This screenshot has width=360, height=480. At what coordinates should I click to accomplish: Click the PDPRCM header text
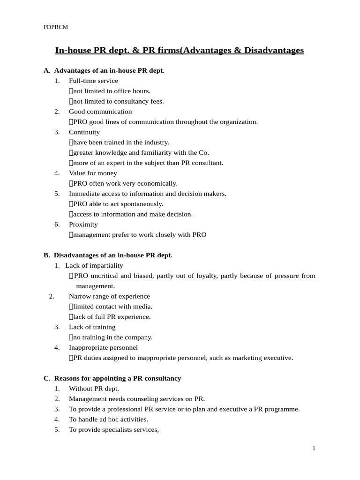[x=56, y=27]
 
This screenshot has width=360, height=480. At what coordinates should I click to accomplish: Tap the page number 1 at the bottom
[x=314, y=449]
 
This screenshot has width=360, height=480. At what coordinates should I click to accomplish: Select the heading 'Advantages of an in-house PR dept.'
[x=109, y=71]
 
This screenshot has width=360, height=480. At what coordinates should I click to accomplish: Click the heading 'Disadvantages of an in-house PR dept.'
[x=113, y=255]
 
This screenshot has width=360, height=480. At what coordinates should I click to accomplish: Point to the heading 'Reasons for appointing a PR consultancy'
[x=118, y=378]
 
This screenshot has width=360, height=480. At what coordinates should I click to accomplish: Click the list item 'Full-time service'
[x=93, y=81]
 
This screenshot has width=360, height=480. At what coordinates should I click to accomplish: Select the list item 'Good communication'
[x=100, y=112]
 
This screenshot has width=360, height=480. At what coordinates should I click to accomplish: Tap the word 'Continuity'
[x=84, y=132]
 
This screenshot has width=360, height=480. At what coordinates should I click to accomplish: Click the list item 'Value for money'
[x=93, y=173]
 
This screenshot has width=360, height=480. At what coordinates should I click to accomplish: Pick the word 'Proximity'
[x=83, y=225]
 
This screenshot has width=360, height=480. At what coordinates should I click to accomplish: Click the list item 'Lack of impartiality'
[x=94, y=265]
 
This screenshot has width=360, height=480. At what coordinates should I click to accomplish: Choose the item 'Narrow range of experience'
[x=109, y=296]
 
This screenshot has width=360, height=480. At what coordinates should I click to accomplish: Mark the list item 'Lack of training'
[x=92, y=327]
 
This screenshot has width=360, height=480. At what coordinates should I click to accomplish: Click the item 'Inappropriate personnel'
[x=103, y=348]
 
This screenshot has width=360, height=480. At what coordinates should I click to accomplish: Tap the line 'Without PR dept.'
[x=94, y=389]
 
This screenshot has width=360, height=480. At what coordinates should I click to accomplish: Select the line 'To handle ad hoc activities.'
[x=108, y=420]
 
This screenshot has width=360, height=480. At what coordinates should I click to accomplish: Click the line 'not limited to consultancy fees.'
[x=118, y=101]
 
